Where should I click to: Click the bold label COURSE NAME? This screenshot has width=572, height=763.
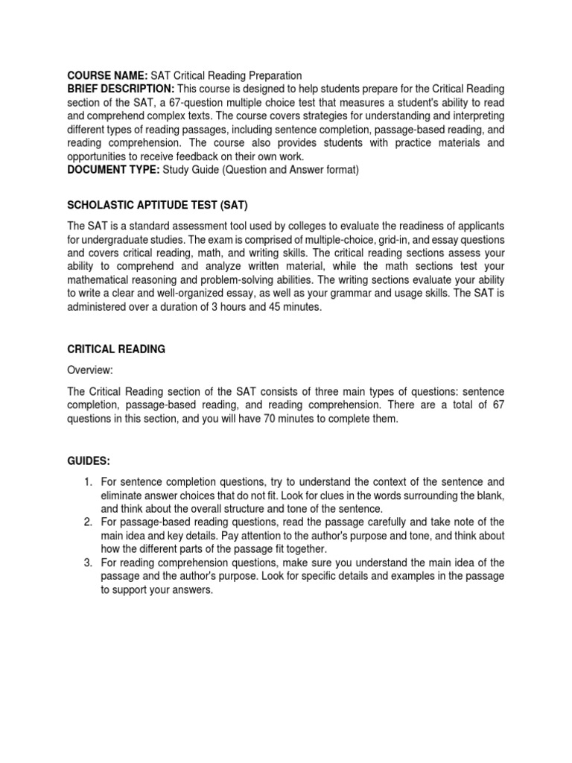(108, 75)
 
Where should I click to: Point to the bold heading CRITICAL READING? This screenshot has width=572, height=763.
(116, 349)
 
